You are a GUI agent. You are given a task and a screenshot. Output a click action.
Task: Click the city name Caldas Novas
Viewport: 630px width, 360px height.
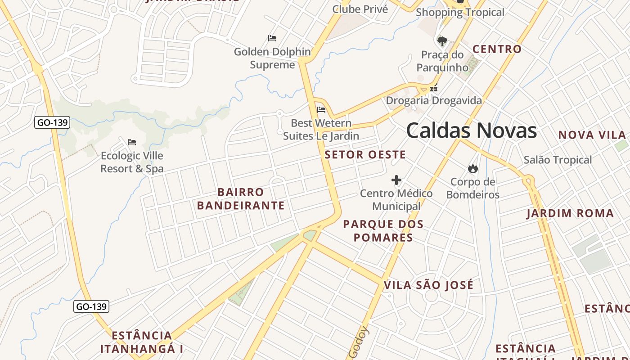pos(471,130)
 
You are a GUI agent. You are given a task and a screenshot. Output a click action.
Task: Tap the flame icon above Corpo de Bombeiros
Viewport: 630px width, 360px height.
pos(472,169)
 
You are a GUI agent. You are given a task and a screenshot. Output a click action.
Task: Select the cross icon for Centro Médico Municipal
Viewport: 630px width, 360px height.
pos(396,180)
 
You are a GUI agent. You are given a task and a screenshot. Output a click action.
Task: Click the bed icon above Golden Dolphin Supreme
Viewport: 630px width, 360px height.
pos(272,38)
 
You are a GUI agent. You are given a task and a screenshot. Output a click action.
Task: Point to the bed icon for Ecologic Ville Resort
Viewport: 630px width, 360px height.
pos(132,142)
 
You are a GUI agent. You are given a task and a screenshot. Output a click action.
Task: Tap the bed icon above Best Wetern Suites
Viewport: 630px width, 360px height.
pos(321,109)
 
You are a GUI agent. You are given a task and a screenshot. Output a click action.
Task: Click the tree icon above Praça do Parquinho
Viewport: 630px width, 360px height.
pos(442,41)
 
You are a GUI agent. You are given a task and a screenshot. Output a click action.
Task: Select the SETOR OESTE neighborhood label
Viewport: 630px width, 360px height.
pos(365,155)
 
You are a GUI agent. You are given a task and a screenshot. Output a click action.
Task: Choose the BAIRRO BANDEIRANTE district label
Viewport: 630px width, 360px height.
pos(241,199)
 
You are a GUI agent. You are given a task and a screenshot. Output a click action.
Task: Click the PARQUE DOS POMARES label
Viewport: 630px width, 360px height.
pos(383,231)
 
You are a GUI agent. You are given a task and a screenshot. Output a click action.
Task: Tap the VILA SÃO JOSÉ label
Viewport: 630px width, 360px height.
pos(428,285)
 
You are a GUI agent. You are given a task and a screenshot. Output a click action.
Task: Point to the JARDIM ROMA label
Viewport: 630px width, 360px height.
pos(570,213)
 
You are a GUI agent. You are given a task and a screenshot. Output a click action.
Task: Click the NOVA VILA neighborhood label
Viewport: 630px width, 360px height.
pos(592,135)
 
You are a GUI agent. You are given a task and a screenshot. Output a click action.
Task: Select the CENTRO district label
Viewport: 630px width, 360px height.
pos(497,49)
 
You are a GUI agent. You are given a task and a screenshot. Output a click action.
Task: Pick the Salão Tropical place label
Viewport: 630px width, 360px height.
pos(558,160)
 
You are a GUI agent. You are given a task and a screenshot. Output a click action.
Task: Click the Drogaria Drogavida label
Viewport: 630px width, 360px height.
pos(434,100)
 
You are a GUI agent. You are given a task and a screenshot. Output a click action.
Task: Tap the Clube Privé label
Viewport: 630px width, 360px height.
pos(360,9)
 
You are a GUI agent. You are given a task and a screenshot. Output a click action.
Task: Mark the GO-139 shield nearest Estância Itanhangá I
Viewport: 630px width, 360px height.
pos(91,307)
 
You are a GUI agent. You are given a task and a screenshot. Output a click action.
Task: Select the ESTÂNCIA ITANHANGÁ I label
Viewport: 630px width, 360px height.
pos(142,342)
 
